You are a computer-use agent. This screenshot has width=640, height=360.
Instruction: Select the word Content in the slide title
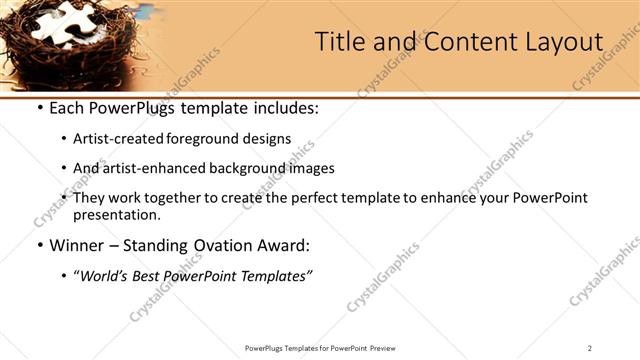point(460,42)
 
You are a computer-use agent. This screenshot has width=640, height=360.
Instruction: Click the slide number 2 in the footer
point(590,347)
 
